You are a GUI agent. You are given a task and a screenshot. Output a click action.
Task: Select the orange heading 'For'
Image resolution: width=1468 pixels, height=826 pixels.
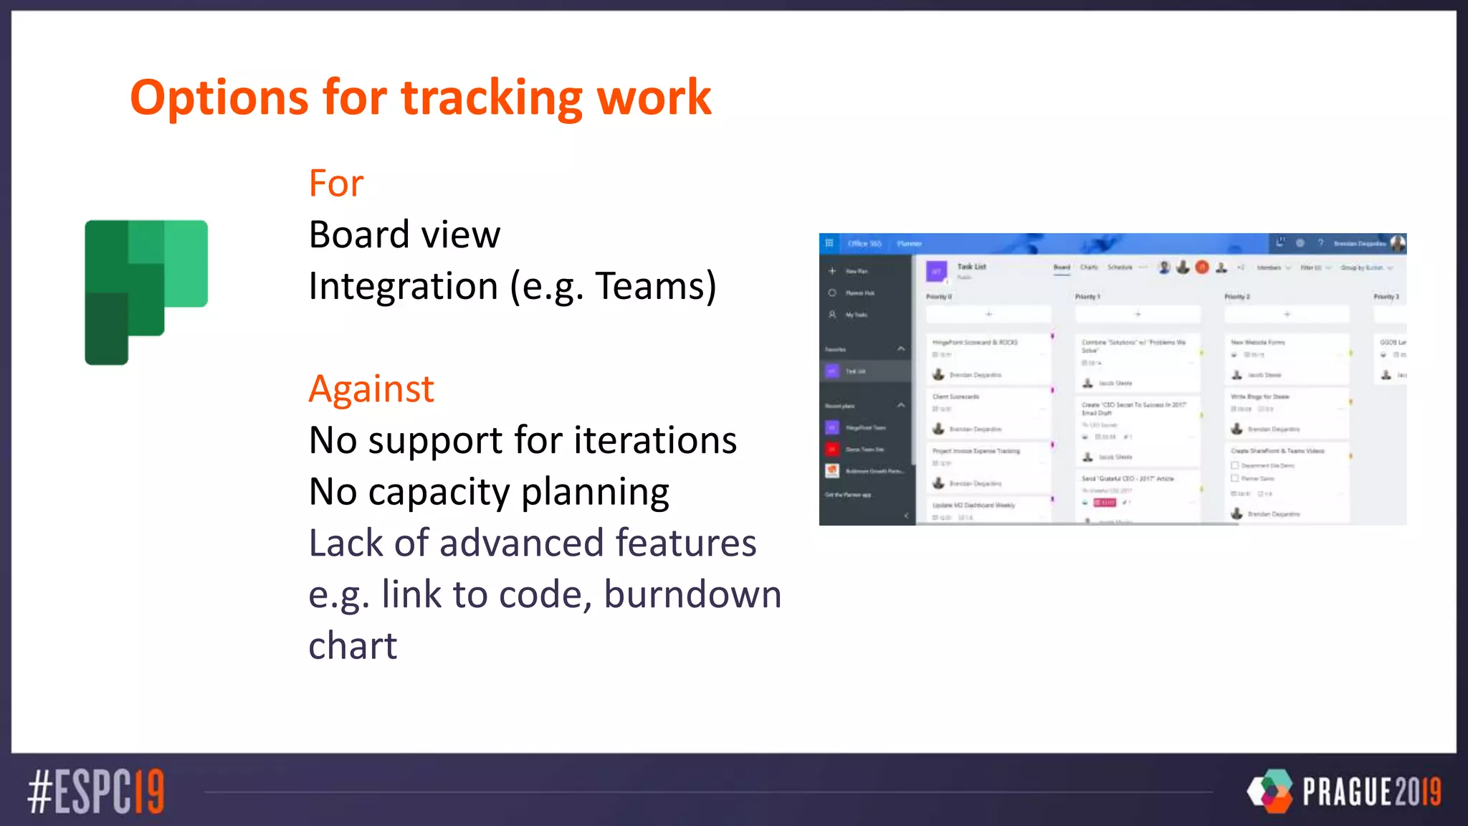tap(335, 183)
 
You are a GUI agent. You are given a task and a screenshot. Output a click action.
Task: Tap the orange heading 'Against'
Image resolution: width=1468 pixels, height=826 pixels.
tap(371, 389)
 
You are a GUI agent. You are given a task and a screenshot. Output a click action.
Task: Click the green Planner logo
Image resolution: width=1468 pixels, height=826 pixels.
tap(146, 291)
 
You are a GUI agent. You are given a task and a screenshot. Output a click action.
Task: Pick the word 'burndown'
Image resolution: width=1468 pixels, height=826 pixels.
tap(692, 594)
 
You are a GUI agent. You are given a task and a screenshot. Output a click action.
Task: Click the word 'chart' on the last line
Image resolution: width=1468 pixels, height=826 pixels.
tap(352, 646)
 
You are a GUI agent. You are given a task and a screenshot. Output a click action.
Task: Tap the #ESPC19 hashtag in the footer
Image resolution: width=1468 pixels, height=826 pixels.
tap(96, 792)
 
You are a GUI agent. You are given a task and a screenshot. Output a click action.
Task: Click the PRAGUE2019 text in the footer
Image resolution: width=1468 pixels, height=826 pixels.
tap(1371, 792)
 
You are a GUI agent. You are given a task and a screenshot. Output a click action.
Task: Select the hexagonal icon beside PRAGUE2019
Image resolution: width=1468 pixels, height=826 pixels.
tap(1270, 791)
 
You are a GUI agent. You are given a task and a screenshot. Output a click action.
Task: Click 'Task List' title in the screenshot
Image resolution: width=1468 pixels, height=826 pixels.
tap(971, 267)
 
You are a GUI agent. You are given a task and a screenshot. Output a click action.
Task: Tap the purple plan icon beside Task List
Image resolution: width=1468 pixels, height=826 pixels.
tap(936, 272)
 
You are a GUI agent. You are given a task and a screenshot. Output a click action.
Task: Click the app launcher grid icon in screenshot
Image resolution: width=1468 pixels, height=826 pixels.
tap(829, 243)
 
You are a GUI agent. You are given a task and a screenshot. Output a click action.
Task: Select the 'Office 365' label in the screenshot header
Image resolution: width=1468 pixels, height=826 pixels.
tap(864, 244)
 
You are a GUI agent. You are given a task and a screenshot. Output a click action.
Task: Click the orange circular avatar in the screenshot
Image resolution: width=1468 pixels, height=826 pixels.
tap(1202, 267)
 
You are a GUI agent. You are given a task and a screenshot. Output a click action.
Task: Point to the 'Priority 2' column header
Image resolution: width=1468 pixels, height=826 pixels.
tap(1236, 297)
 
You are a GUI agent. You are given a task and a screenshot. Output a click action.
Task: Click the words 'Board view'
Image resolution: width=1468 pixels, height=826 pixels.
tap(404, 234)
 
